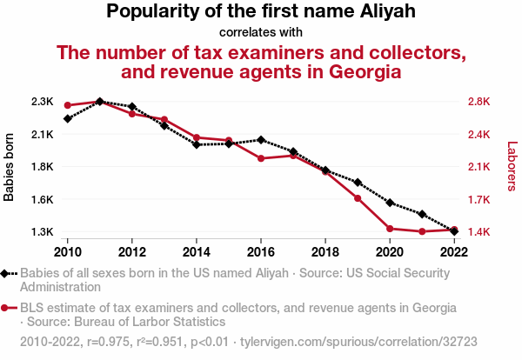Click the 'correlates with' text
(x=261, y=32)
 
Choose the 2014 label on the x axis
(x=197, y=251)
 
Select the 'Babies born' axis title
(x=10, y=167)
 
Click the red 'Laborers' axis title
(x=512, y=167)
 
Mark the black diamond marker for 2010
(x=68, y=118)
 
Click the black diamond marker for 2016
(x=261, y=140)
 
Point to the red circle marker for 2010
(x=68, y=106)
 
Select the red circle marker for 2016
(x=261, y=158)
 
